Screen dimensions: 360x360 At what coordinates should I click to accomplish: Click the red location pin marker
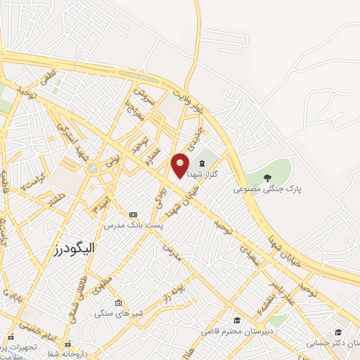pos(181,165)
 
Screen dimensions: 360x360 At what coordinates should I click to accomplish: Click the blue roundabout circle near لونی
pos(92,168)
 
